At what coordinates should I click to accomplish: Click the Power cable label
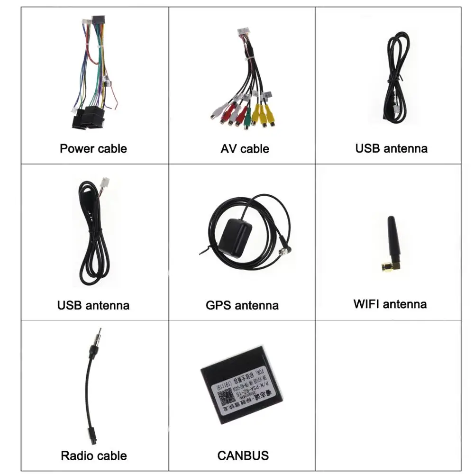(x=93, y=148)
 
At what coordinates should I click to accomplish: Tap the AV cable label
(x=245, y=148)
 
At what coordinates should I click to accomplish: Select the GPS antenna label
(x=242, y=305)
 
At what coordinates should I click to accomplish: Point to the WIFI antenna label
(x=390, y=304)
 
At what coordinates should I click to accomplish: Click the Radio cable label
(x=94, y=456)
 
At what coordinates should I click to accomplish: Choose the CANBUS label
(x=243, y=456)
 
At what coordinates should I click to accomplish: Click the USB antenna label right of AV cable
(x=391, y=148)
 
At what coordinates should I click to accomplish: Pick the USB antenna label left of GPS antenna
(x=93, y=305)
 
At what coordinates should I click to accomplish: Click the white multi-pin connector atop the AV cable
(x=246, y=34)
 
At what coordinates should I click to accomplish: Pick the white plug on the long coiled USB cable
(x=105, y=182)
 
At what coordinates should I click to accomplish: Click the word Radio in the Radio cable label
(x=76, y=456)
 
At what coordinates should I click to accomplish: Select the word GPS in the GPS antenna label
(x=217, y=305)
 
